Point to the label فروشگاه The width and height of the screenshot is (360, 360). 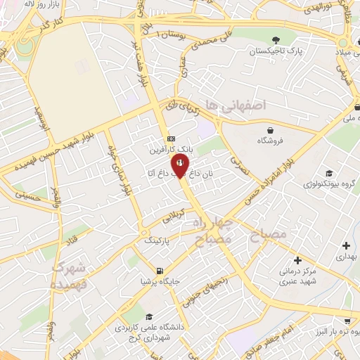coord(270,141)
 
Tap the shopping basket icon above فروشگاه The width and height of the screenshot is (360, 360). coord(271,130)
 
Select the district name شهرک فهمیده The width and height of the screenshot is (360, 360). coord(69,276)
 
